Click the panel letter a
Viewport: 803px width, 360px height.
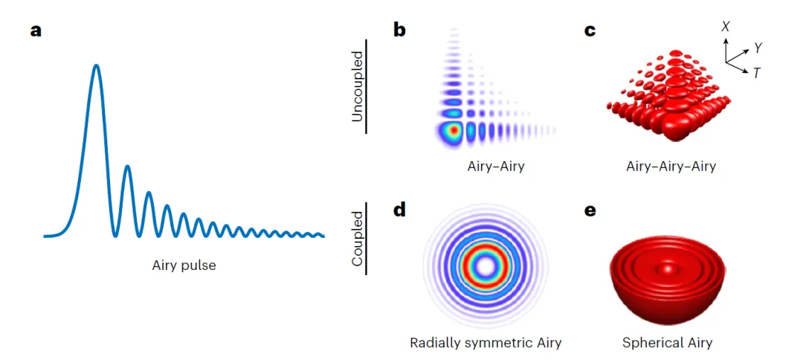click(36, 32)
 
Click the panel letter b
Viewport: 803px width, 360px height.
click(400, 32)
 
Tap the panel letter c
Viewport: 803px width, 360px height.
click(590, 32)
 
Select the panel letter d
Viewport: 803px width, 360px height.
click(400, 210)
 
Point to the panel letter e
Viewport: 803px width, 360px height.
click(590, 210)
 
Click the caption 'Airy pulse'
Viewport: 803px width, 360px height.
click(184, 265)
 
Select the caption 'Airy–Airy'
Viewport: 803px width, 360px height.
click(491, 167)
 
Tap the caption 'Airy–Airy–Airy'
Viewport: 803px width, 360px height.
click(671, 167)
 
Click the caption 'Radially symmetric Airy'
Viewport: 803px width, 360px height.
click(486, 343)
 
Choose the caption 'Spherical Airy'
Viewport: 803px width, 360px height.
click(667, 343)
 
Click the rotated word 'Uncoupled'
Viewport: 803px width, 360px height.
click(358, 86)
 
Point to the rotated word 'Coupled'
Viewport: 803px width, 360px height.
click(358, 239)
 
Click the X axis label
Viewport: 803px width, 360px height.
click(726, 26)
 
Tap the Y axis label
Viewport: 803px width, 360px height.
click(758, 48)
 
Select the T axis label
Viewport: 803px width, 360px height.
click(756, 73)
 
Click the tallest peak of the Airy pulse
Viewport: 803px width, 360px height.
click(96, 66)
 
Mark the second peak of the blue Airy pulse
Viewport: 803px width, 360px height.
click(127, 167)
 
